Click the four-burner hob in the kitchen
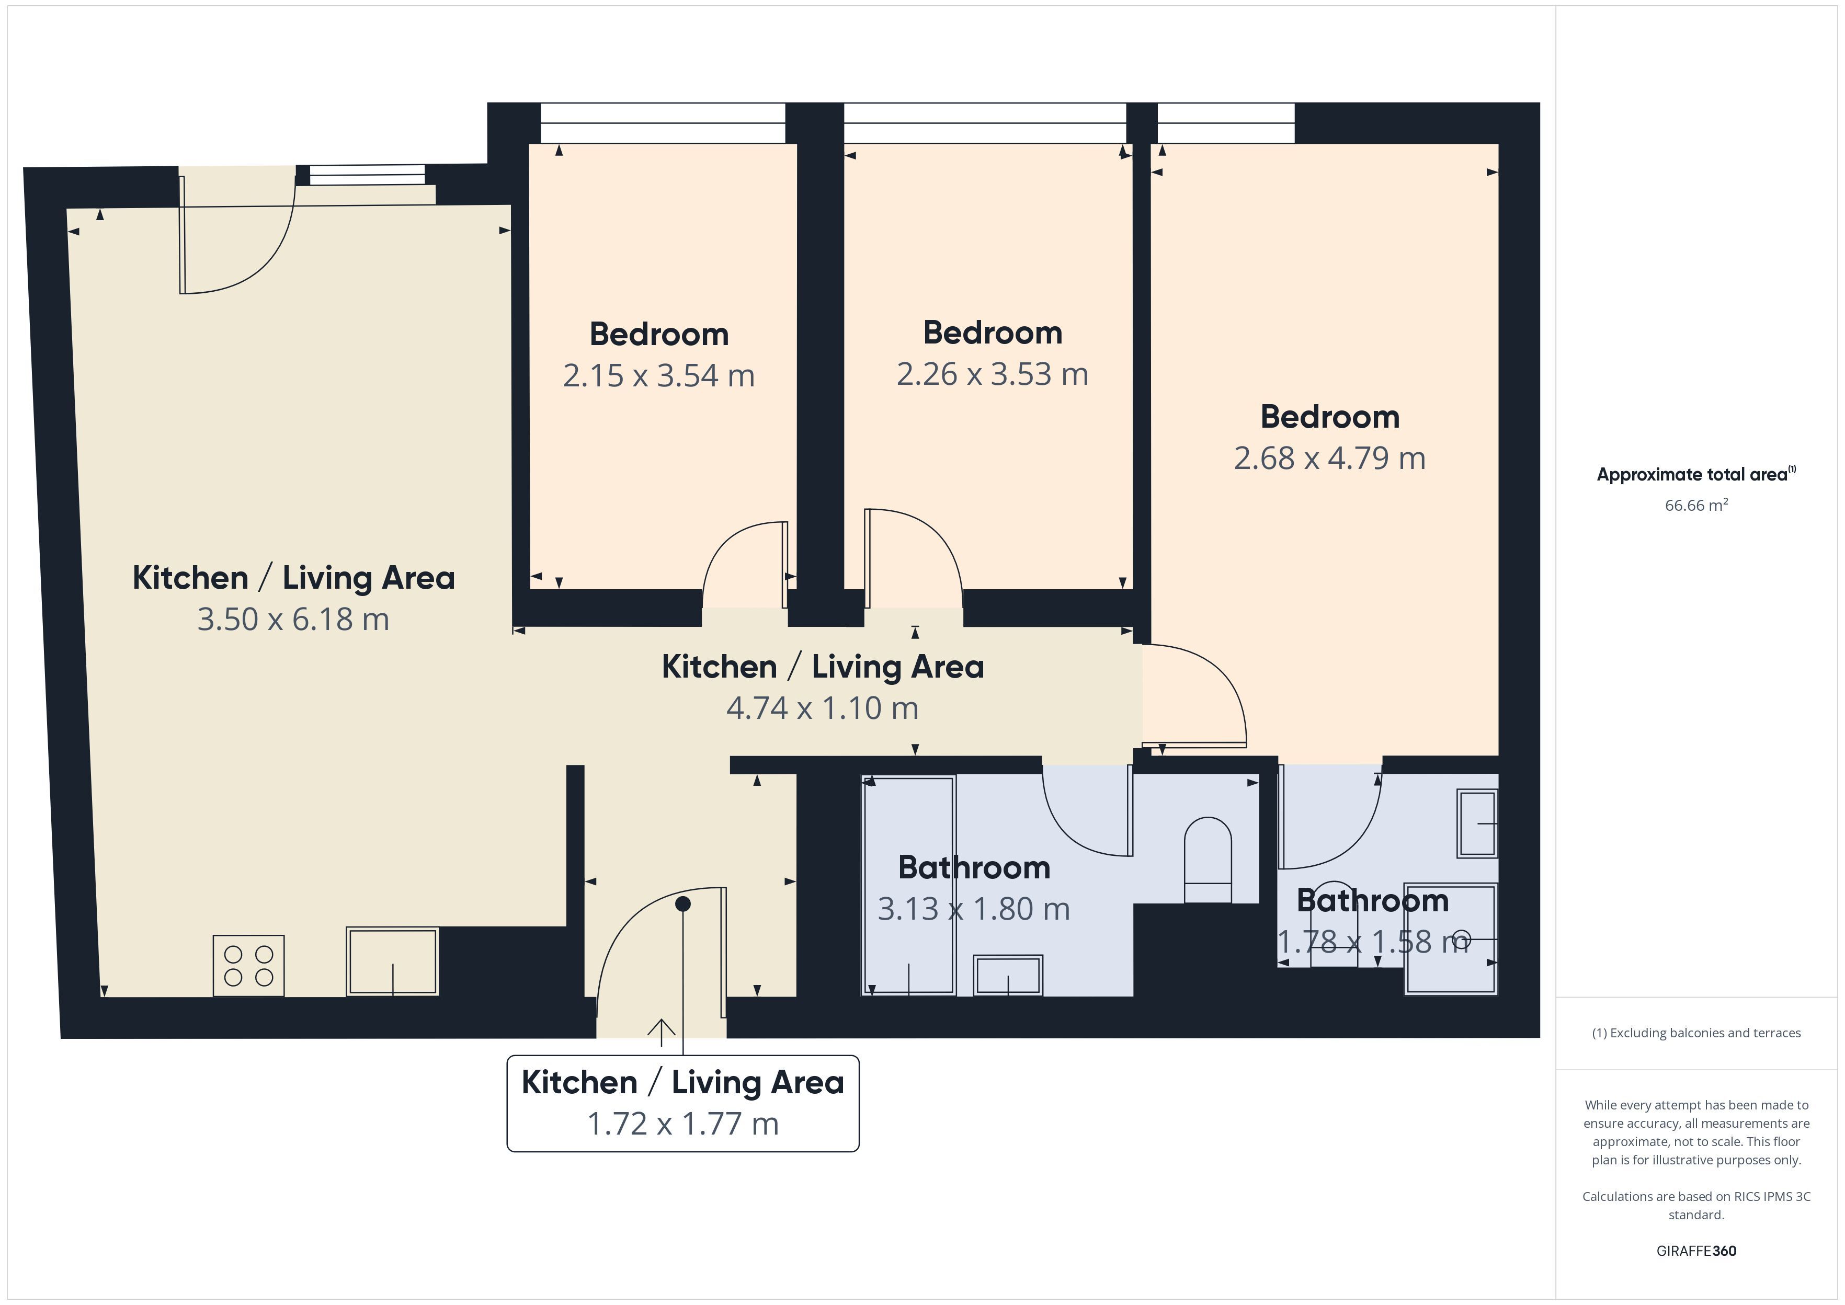click(x=248, y=965)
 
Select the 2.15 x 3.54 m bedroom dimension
click(x=659, y=375)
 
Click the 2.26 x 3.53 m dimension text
click(x=993, y=374)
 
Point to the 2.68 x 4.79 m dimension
click(x=1330, y=458)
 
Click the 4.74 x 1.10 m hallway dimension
click(x=822, y=708)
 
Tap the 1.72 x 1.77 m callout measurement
click(x=683, y=1124)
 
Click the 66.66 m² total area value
click(x=1696, y=505)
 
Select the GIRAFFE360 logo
click(x=1696, y=1250)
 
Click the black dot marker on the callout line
click(x=683, y=904)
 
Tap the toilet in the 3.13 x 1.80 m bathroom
click(x=1208, y=860)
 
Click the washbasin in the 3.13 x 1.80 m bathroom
click(x=1008, y=976)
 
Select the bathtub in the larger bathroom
click(x=909, y=886)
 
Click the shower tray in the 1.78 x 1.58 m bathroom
click(x=1451, y=940)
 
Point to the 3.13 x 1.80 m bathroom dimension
click(x=974, y=909)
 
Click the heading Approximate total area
click(x=1696, y=474)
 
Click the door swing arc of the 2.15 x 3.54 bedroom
click(x=723, y=542)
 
